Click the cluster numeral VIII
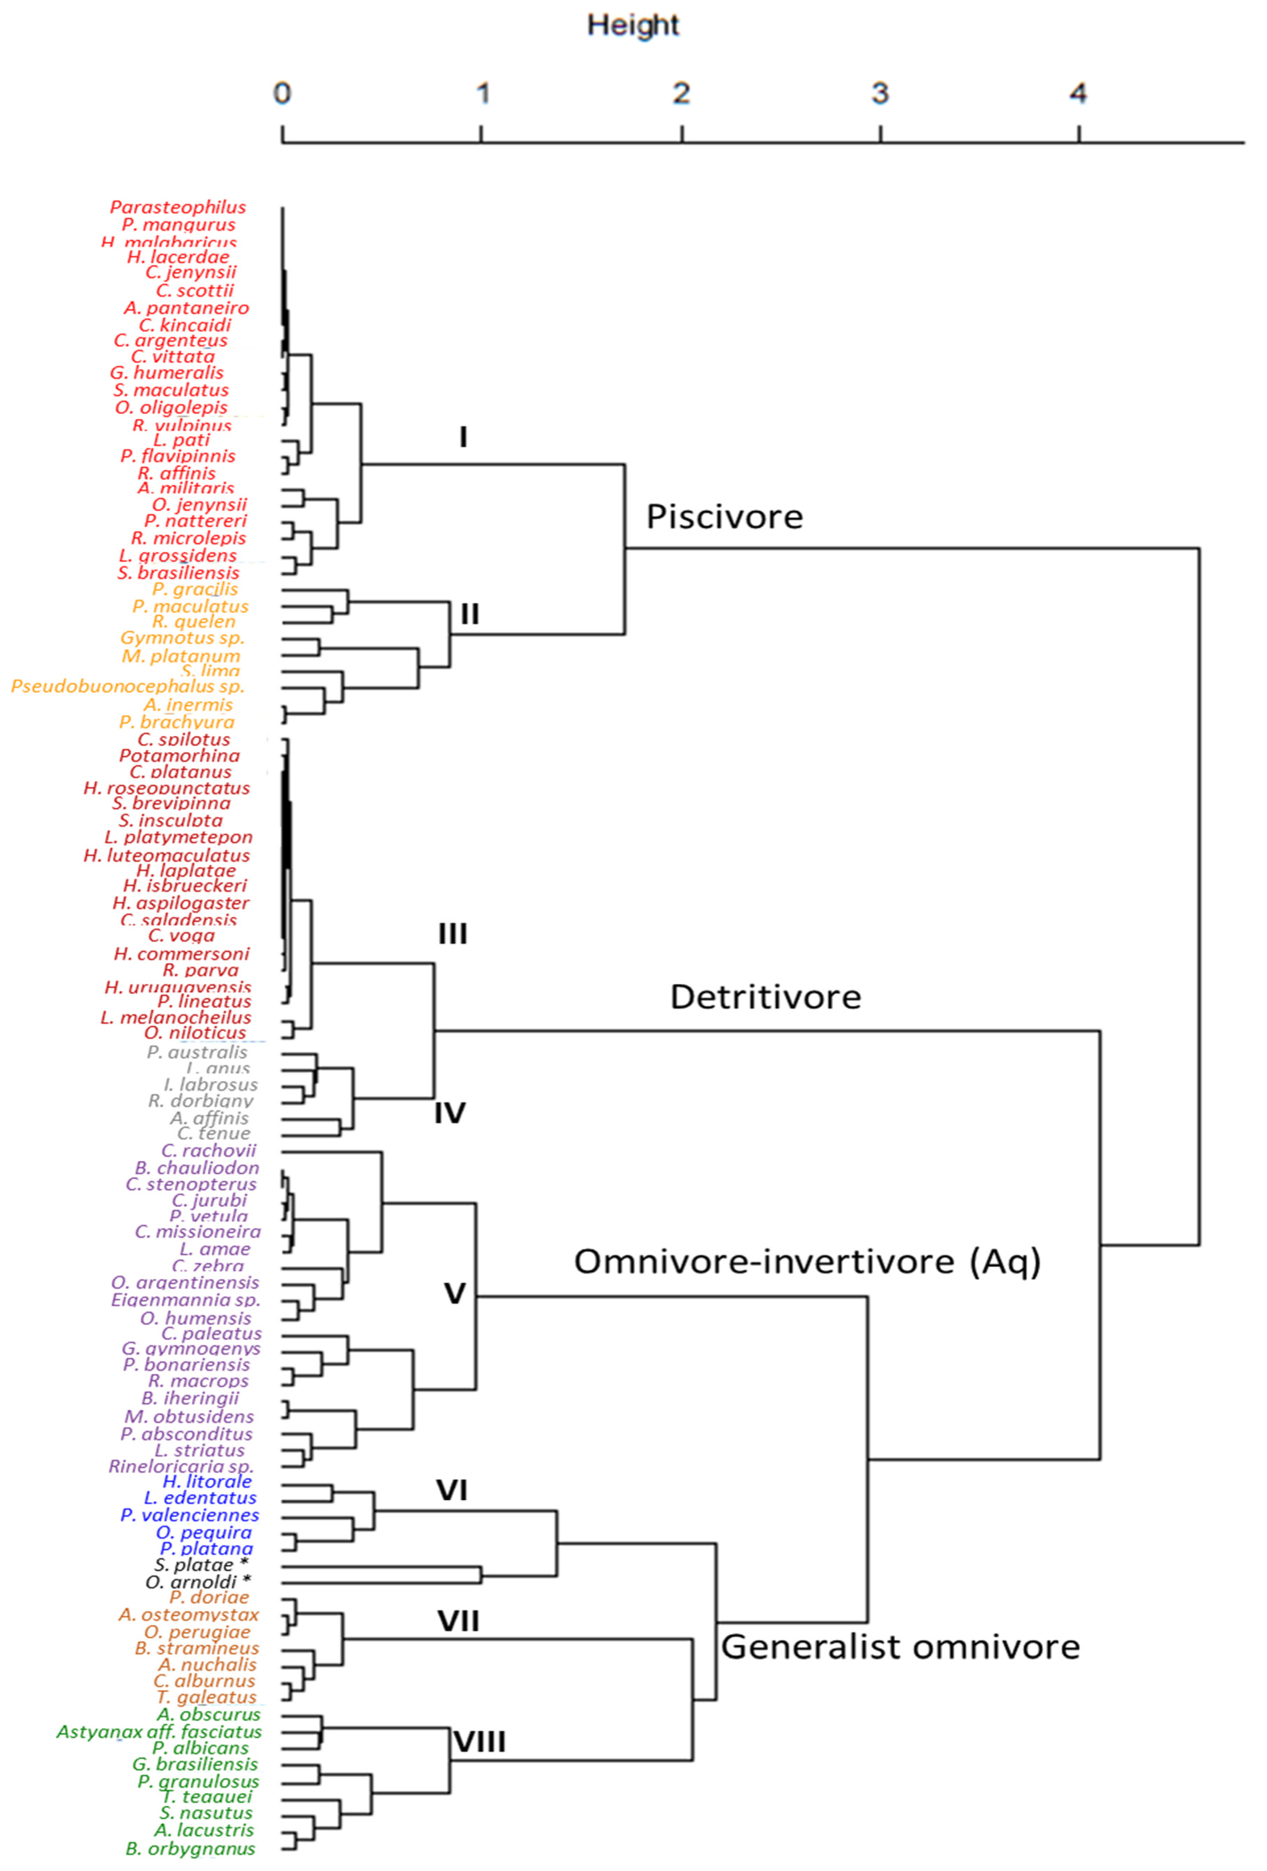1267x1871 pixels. point(480,1742)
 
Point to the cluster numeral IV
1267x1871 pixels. point(449,1113)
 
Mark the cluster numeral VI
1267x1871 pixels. point(451,1490)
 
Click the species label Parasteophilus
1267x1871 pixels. point(178,207)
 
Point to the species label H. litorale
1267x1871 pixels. point(207,1482)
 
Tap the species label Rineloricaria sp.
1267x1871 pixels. point(181,1466)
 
